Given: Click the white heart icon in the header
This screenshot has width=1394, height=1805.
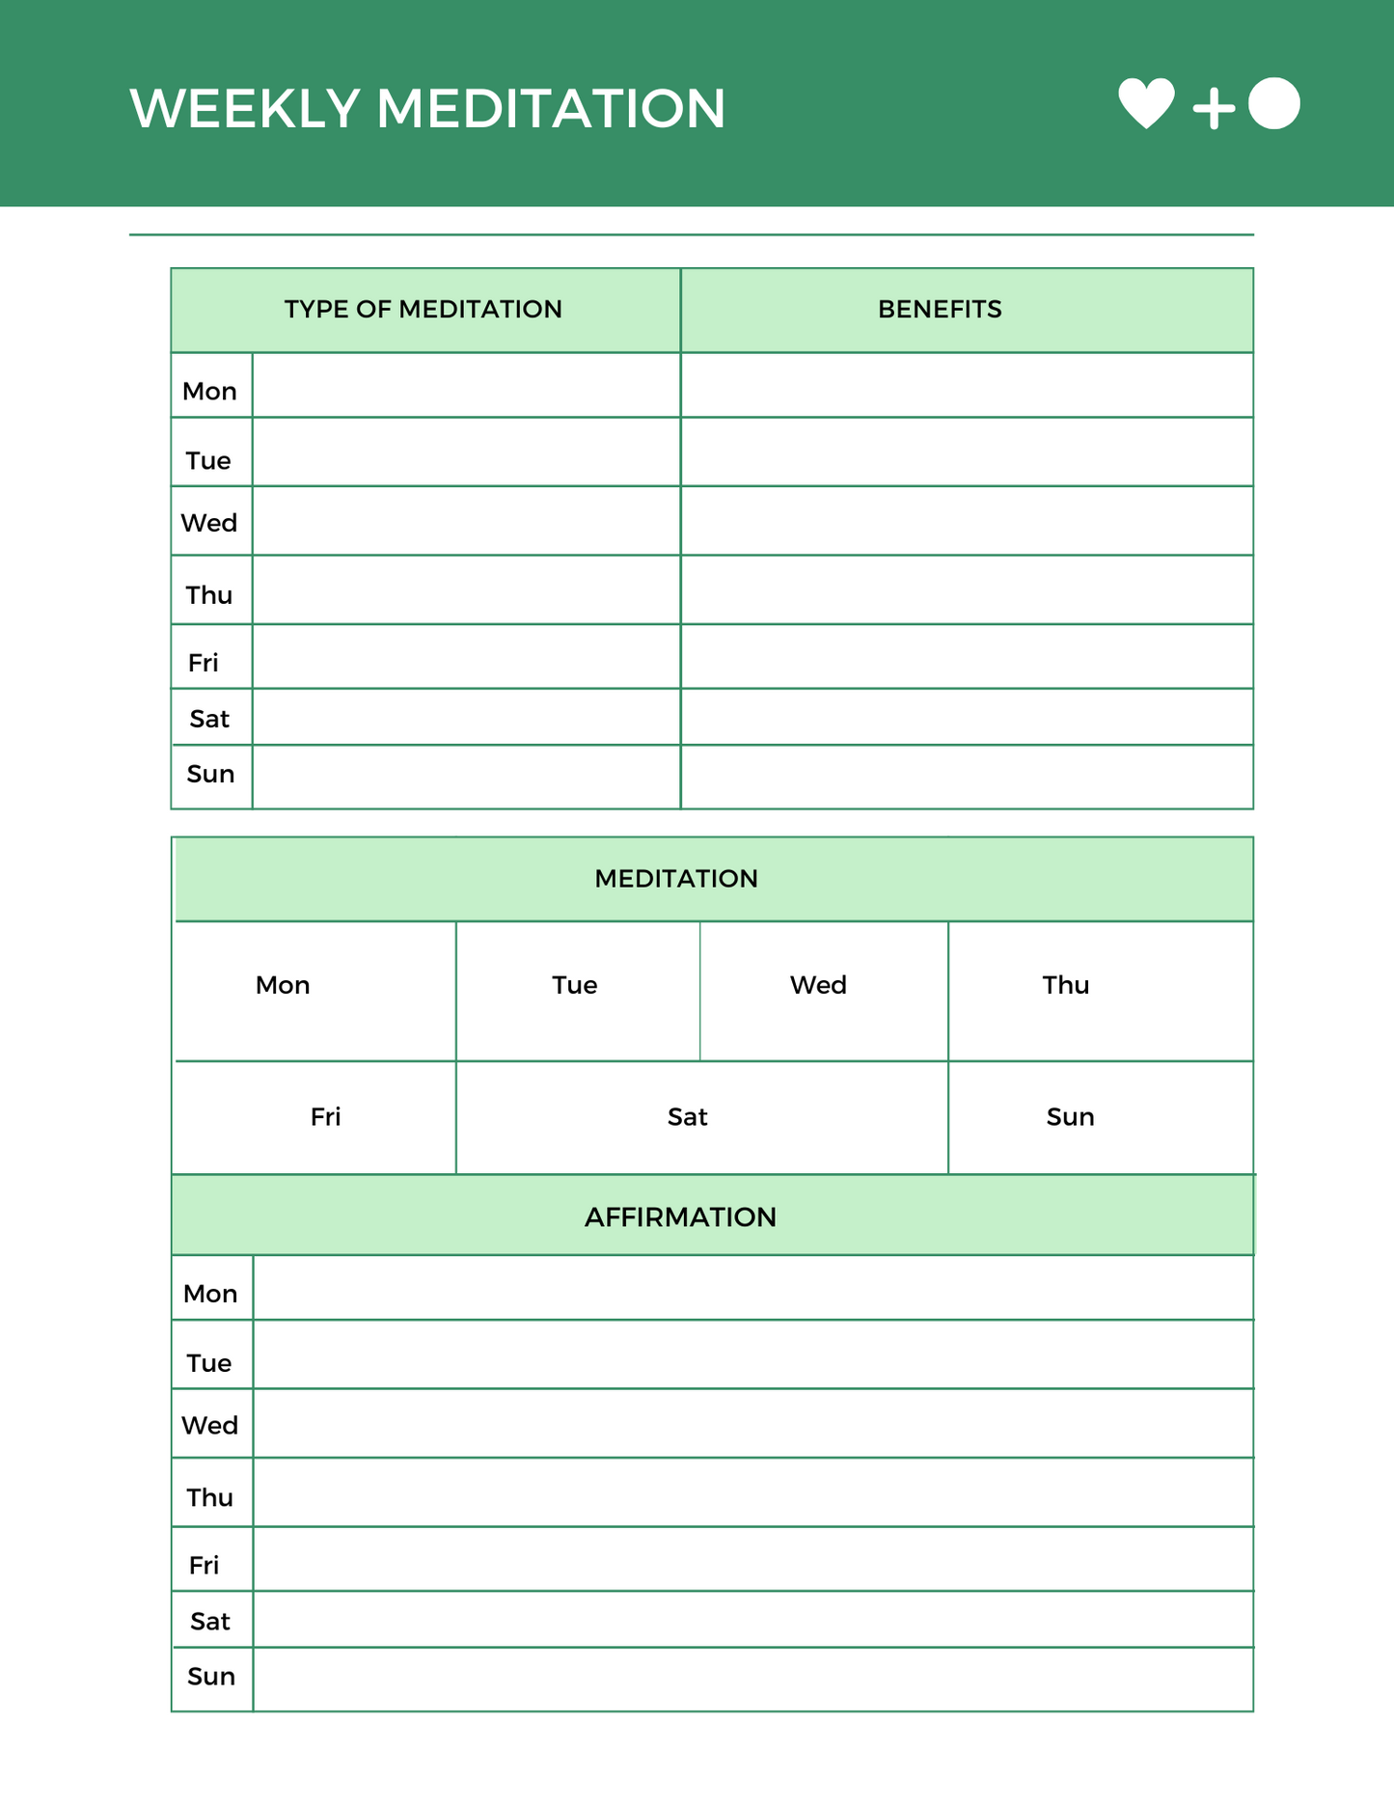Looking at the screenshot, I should (1146, 102).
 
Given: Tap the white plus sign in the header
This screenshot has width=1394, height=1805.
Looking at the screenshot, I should (1214, 108).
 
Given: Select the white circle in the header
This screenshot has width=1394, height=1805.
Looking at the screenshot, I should (1273, 103).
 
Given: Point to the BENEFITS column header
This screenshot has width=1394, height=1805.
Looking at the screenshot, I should (940, 310).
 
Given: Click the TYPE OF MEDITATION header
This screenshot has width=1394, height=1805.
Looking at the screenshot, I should (423, 310).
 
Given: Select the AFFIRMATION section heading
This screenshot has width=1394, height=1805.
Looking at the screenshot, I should (680, 1217).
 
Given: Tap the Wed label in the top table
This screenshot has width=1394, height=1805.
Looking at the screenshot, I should (209, 523).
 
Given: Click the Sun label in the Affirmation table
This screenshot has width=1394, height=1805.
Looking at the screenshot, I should (211, 1677).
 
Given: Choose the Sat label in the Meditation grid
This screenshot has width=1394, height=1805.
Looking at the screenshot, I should (687, 1117).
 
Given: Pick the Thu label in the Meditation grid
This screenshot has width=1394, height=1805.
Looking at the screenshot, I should (1065, 985).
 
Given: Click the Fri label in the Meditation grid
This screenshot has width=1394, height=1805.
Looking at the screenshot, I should (325, 1117).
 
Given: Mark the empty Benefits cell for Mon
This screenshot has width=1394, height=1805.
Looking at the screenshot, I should (967, 386).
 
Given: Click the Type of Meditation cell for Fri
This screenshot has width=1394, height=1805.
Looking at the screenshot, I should (466, 657).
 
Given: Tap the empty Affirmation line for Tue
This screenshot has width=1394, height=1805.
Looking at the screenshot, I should (752, 1354).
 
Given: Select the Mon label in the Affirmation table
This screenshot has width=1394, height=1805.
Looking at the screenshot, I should (210, 1294).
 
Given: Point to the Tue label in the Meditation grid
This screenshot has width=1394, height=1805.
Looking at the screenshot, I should (574, 985).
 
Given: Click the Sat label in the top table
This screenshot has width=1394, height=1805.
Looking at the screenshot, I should (209, 719).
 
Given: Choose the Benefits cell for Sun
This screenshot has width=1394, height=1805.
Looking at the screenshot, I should (967, 777).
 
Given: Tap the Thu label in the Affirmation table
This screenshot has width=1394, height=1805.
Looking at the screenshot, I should (210, 1497).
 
